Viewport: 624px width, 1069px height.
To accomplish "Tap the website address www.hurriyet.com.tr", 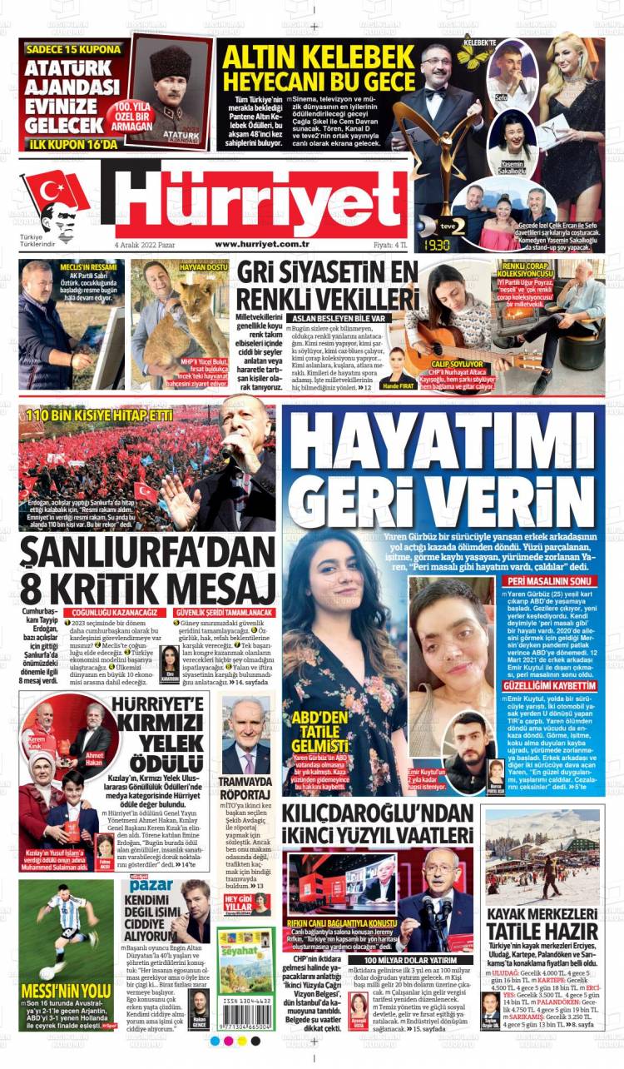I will pos(262,244).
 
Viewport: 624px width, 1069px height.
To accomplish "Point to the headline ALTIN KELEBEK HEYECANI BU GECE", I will pos(319,69).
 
